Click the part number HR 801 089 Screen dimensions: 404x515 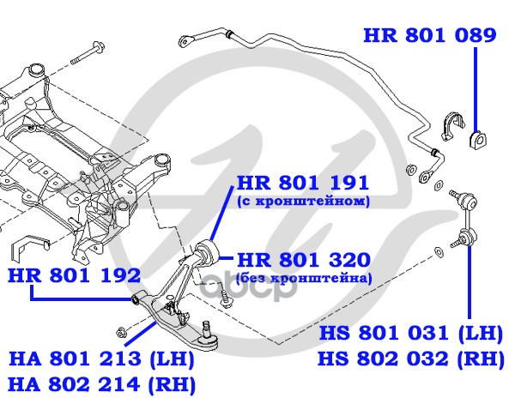[430, 35]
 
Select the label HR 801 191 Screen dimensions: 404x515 [303, 183]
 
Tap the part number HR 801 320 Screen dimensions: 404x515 [303, 260]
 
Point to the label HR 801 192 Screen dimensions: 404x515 [74, 275]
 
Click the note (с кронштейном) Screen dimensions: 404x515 [302, 202]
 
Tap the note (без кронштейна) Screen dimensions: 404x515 [304, 278]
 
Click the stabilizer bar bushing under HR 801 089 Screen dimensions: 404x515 [476, 138]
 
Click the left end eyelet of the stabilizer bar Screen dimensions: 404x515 [184, 39]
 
